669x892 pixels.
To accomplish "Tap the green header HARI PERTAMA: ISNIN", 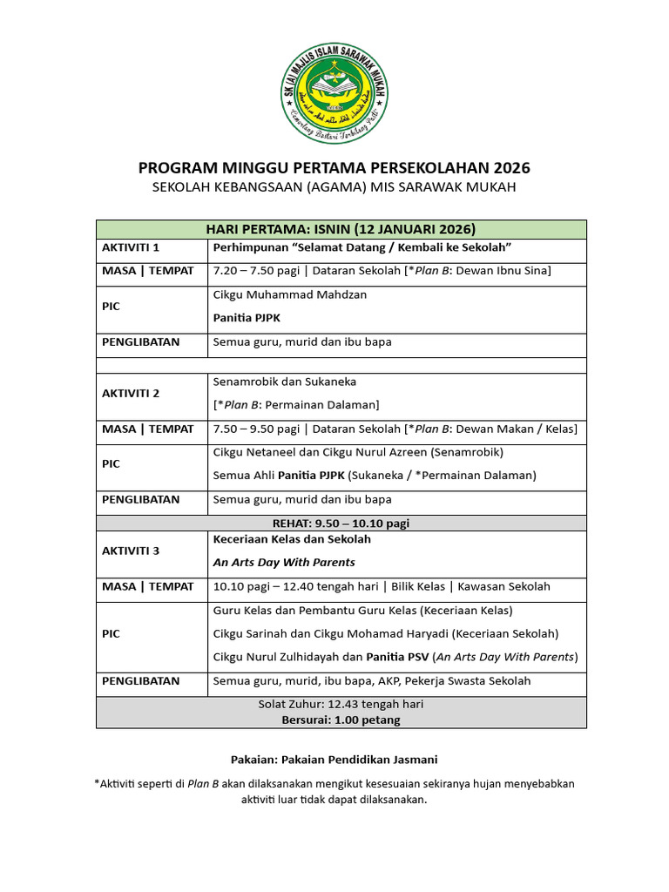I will coord(341,229).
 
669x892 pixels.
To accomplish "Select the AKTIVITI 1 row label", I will coord(131,248).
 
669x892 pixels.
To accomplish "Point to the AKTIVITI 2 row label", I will coord(131,394).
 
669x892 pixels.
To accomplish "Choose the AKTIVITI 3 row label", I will coord(131,551).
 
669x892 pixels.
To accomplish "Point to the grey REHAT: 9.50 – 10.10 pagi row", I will coord(341,524).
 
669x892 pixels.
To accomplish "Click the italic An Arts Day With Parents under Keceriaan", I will coord(284,563).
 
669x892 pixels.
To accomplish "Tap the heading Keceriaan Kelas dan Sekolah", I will coord(292,539).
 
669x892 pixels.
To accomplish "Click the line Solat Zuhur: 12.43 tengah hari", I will coord(341,704).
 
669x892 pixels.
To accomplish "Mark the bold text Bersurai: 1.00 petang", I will coord(341,720).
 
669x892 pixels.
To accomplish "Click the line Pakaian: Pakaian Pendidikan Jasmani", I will coord(334,760).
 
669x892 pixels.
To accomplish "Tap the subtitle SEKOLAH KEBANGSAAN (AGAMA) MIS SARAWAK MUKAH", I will coord(334,188).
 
